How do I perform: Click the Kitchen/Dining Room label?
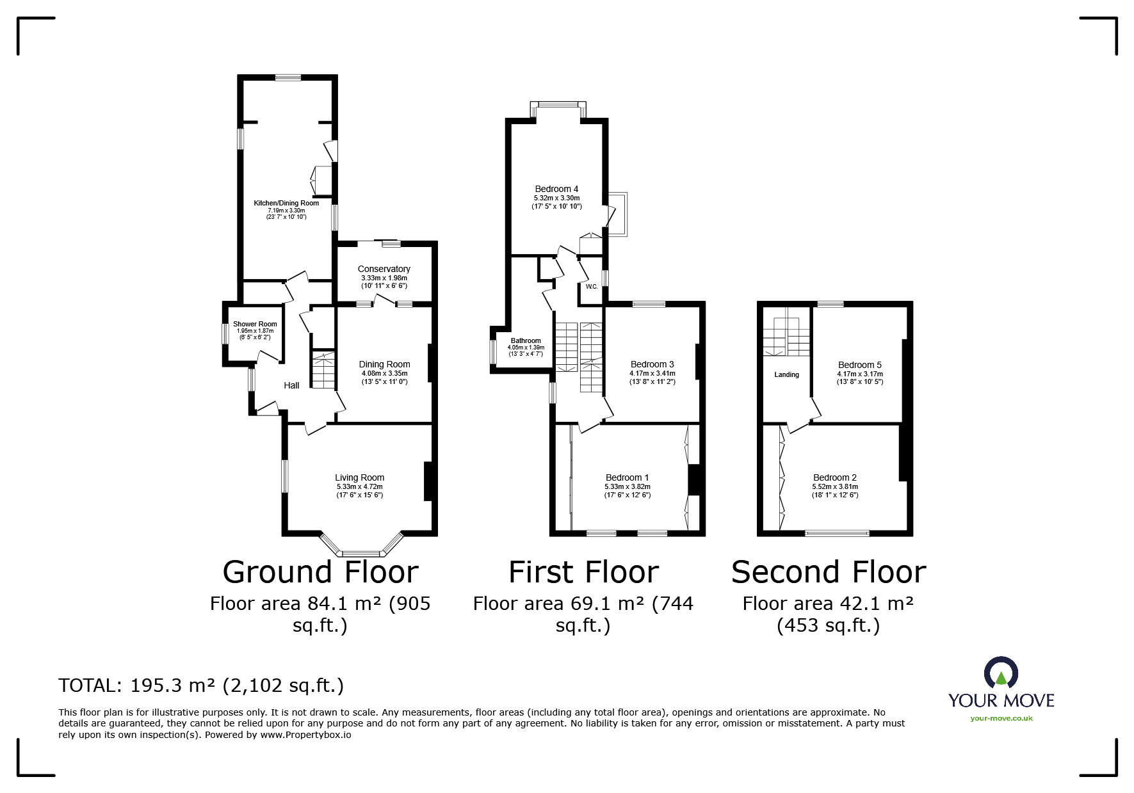pyautogui.click(x=286, y=203)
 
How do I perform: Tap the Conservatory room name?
pyautogui.click(x=384, y=269)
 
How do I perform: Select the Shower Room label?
pyautogui.click(x=255, y=324)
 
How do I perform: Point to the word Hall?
pyautogui.click(x=291, y=385)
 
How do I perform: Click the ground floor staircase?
pyautogui.click(x=323, y=370)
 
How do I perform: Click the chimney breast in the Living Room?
pyautogui.click(x=428, y=481)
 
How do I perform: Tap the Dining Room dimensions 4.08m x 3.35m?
pyautogui.click(x=384, y=373)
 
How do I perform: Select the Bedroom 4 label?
pyautogui.click(x=556, y=189)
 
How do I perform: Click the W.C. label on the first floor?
pyautogui.click(x=591, y=286)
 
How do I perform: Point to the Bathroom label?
pyautogui.click(x=526, y=340)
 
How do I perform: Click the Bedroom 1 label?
pyautogui.click(x=627, y=477)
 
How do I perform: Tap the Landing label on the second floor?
pyautogui.click(x=786, y=374)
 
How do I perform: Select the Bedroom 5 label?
pyautogui.click(x=859, y=365)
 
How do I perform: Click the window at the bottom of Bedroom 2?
pyautogui.click(x=837, y=532)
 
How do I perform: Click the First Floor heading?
pyautogui.click(x=583, y=572)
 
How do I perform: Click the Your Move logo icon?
pyautogui.click(x=1001, y=673)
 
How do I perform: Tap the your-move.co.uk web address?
pyautogui.click(x=1001, y=718)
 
